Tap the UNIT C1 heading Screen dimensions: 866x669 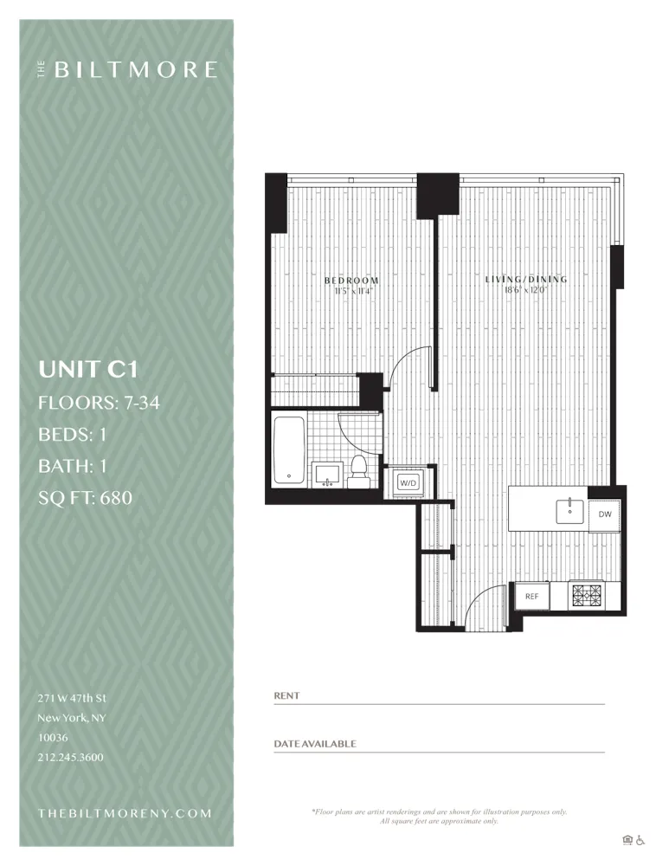coord(87,370)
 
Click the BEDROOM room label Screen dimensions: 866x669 coord(351,281)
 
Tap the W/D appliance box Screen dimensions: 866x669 coord(408,482)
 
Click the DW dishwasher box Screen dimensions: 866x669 coord(604,514)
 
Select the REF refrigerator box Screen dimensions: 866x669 coord(531,596)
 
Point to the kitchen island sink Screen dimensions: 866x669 coord(571,507)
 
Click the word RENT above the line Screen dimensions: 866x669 coord(286,695)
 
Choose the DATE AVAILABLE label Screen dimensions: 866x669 coord(314,744)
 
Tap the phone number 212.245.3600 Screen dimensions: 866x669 coord(70,757)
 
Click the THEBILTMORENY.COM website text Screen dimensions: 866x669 coord(125,813)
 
